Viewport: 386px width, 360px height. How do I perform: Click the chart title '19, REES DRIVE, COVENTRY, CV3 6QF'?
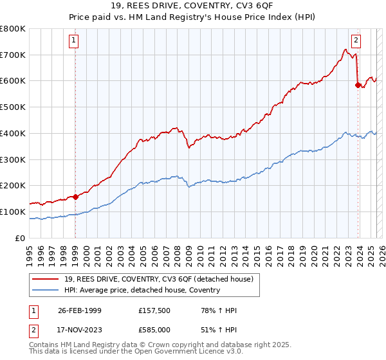[x=193, y=6]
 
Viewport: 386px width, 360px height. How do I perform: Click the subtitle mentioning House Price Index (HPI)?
[x=193, y=17]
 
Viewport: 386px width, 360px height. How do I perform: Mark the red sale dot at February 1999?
[x=75, y=197]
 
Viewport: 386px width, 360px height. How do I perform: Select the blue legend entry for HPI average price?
[x=142, y=290]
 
